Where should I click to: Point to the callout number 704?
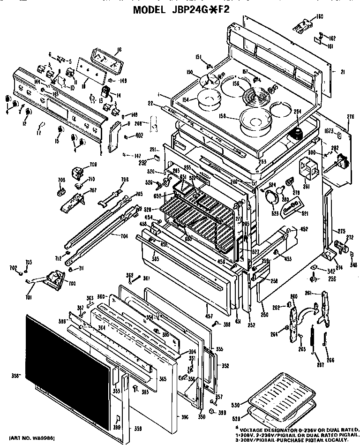tap(124, 236)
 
